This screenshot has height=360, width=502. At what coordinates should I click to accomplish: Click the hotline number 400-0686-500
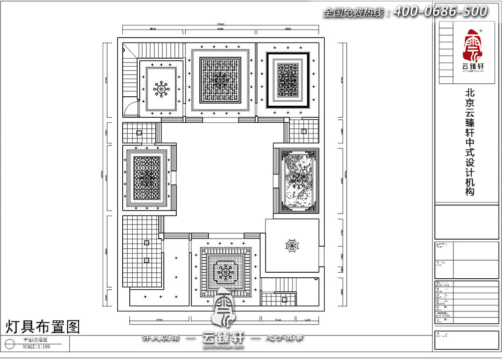(x=440, y=11)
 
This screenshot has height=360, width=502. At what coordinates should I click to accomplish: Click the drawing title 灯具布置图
(x=43, y=327)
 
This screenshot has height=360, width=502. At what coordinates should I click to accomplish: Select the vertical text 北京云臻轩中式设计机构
(x=470, y=142)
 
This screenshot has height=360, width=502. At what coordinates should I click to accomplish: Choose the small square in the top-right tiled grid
(x=304, y=131)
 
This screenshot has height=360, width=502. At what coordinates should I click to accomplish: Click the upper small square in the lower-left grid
(x=146, y=243)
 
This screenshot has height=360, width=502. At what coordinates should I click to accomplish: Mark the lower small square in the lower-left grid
(x=146, y=260)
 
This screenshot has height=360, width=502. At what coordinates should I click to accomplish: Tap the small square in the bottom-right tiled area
(x=284, y=299)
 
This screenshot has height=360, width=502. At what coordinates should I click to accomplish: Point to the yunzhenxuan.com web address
(x=222, y=346)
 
